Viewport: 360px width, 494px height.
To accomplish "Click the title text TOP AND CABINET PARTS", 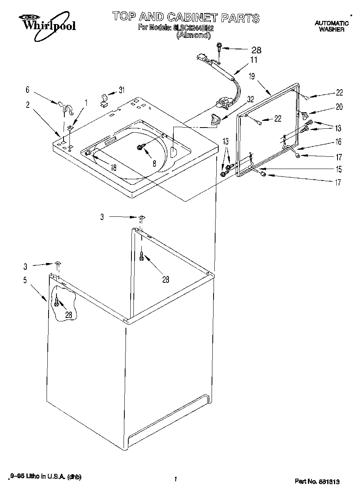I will pyautogui.click(x=186, y=17).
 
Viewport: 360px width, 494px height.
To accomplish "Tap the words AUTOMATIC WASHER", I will pyautogui.click(x=332, y=26).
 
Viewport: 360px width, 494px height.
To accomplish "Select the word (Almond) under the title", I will pyautogui.click(x=193, y=35).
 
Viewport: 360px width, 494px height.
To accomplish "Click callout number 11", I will pyautogui.click(x=253, y=60).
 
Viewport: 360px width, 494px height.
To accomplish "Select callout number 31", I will pyautogui.click(x=122, y=90).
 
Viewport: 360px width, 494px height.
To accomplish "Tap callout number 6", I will pyautogui.click(x=27, y=90).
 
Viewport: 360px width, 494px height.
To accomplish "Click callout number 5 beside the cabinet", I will pyautogui.click(x=25, y=280).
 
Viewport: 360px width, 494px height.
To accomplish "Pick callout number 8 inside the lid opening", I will pyautogui.click(x=154, y=162).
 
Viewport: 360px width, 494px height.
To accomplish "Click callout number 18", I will pyautogui.click(x=113, y=167).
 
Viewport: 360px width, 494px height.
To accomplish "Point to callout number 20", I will pyautogui.click(x=339, y=107).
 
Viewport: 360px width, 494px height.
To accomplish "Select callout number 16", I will pyautogui.click(x=338, y=142).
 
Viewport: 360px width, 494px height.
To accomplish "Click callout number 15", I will pyautogui.click(x=338, y=170).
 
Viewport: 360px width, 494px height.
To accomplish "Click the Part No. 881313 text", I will pyautogui.click(x=317, y=481).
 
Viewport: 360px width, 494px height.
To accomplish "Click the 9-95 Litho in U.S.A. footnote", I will pyautogui.click(x=47, y=477).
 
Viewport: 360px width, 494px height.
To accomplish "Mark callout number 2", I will pyautogui.click(x=27, y=105).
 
